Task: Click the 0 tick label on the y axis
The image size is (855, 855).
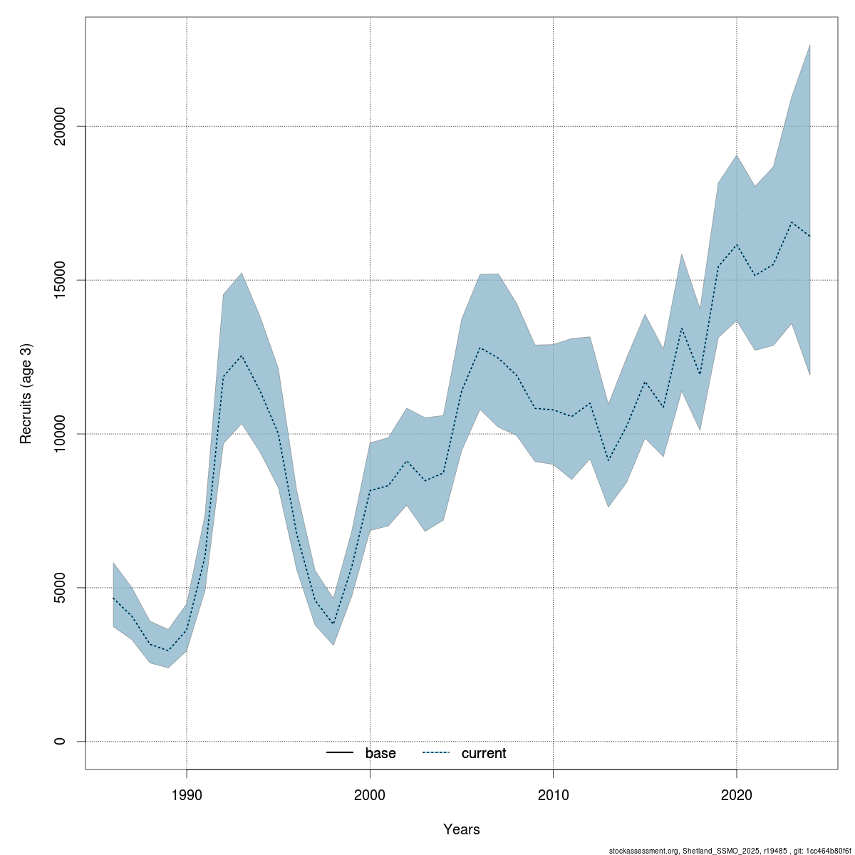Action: click(x=60, y=741)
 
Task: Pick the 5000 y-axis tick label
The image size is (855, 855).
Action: click(x=60, y=588)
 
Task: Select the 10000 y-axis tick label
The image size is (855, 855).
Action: click(x=60, y=434)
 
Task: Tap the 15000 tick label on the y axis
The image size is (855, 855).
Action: click(x=60, y=280)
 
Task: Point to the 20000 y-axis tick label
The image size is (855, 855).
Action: click(x=60, y=126)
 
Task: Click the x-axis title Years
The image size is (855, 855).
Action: click(x=462, y=829)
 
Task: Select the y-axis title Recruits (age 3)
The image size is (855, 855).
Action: click(x=26, y=393)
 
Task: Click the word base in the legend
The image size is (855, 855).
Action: click(x=380, y=753)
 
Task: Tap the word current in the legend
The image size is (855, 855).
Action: click(x=484, y=753)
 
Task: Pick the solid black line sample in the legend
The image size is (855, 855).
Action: click(x=340, y=753)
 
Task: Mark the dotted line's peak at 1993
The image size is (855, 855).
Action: click(x=242, y=356)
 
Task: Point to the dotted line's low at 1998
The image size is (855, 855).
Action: click(x=333, y=624)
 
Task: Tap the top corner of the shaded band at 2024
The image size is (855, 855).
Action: click(x=810, y=45)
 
